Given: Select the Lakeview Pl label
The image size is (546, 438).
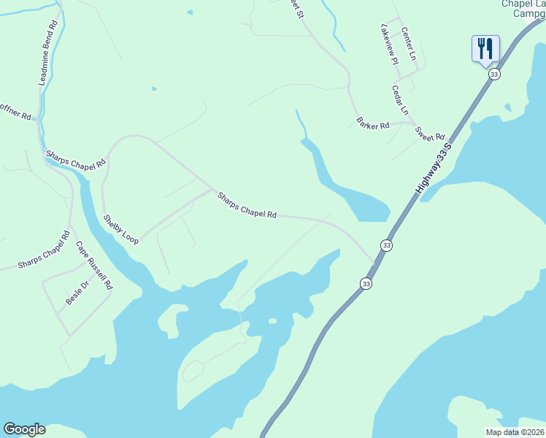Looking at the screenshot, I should pyautogui.click(x=389, y=44).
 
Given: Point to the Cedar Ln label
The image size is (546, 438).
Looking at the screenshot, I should pyautogui.click(x=400, y=101).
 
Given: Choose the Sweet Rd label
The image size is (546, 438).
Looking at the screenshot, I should pyautogui.click(x=429, y=134).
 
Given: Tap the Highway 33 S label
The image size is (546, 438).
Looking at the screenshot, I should pyautogui.click(x=435, y=168).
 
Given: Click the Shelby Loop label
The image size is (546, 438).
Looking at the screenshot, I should pyautogui.click(x=120, y=229).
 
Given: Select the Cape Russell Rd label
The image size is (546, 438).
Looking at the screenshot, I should pyautogui.click(x=94, y=266).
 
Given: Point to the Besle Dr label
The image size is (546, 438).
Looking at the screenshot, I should pyautogui.click(x=77, y=293).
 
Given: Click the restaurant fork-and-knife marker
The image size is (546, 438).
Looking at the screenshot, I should pyautogui.click(x=485, y=49).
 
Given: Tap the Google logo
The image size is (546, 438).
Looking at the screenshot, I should pyautogui.click(x=24, y=429).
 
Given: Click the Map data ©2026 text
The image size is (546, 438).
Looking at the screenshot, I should pyautogui.click(x=515, y=431).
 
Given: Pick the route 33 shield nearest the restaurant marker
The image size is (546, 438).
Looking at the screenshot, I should pyautogui.click(x=494, y=74).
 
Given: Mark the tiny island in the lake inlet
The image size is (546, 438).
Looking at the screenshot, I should pyautogui.click(x=272, y=320).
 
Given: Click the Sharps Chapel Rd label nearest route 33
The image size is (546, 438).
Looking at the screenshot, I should pyautogui.click(x=247, y=205).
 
